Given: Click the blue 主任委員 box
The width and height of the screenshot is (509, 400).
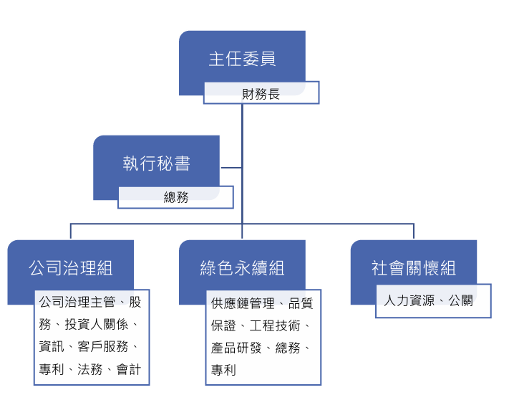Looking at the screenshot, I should click(242, 58).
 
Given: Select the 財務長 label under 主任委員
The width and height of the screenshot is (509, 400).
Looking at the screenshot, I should click(261, 93).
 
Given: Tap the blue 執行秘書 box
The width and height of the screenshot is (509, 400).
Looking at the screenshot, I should click(156, 163).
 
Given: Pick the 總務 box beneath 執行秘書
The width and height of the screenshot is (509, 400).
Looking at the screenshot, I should click(176, 197).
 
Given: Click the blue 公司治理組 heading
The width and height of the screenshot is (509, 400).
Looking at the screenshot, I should click(71, 268).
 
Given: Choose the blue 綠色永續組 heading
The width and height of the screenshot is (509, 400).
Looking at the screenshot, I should click(242, 268).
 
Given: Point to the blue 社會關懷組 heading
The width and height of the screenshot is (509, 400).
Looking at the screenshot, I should click(414, 268).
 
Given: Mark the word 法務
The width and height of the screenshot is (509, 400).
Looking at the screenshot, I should click(89, 370).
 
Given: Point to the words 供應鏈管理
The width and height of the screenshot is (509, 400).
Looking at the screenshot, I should click(243, 304).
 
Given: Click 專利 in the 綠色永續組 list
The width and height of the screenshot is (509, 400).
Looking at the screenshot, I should click(223, 371).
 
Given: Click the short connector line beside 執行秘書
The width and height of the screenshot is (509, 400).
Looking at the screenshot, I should click(231, 168).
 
